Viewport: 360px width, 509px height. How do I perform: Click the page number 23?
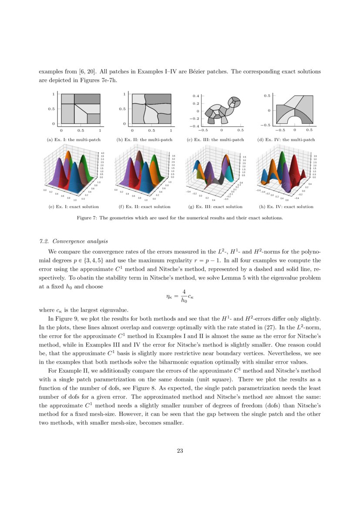pos(180,451)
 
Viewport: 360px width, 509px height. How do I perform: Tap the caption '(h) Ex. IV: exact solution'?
pos(286,206)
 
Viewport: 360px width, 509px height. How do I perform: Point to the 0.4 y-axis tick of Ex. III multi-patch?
pos(196,95)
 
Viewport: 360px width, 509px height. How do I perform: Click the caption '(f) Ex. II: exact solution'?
pos(145,206)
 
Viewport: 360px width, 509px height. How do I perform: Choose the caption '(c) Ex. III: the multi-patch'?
pos(215,140)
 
